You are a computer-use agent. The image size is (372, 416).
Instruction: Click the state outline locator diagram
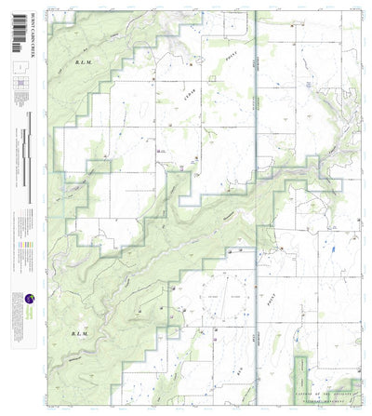[x=19, y=70]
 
